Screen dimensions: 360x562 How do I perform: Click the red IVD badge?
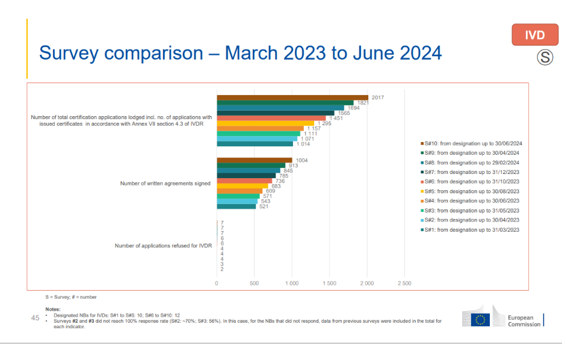pyautogui.click(x=535, y=35)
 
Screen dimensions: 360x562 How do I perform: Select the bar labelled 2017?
pyautogui.click(x=292, y=97)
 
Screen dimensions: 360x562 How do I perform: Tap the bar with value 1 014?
pyautogui.click(x=255, y=144)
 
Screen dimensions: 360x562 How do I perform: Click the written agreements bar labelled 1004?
pyautogui.click(x=255, y=160)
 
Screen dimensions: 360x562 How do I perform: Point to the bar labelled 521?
pyautogui.click(x=236, y=206)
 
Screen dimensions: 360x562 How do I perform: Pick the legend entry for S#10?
pyautogui.click(x=471, y=143)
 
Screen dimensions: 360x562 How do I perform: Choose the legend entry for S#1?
pyautogui.click(x=471, y=229)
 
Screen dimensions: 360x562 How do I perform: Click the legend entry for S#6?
pyautogui.click(x=471, y=182)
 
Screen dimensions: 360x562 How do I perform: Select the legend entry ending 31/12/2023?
pyautogui.click(x=471, y=172)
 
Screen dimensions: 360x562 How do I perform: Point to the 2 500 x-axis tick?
pyautogui.click(x=404, y=283)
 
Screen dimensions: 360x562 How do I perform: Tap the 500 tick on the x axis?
pyautogui.click(x=254, y=283)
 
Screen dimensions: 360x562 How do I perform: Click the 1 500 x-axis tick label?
pyautogui.click(x=329, y=283)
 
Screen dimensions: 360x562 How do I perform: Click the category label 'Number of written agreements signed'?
pyautogui.click(x=165, y=184)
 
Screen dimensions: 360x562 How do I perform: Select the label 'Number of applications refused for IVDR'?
pyautogui.click(x=163, y=246)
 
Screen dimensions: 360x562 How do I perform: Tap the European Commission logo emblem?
pyautogui.click(x=481, y=320)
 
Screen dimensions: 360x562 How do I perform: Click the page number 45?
pyautogui.click(x=35, y=317)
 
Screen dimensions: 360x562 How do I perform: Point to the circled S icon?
pyautogui.click(x=545, y=58)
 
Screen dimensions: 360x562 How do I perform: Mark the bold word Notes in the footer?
pyautogui.click(x=53, y=309)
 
